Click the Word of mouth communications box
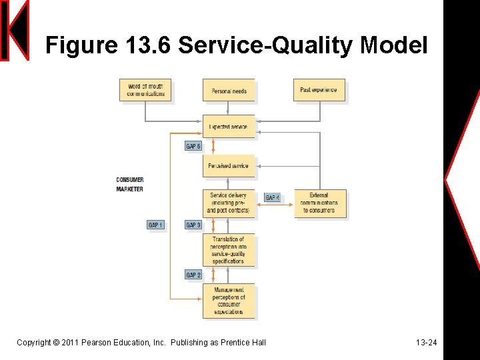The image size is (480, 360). click(x=145, y=90)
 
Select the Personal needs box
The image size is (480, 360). click(x=229, y=91)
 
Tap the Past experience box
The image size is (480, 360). click(x=319, y=90)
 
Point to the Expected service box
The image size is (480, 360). click(x=229, y=127)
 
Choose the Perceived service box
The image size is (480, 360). click(x=229, y=166)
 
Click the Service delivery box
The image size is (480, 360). click(x=229, y=203)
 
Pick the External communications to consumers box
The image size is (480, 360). click(x=319, y=203)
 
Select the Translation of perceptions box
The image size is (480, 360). click(x=229, y=250)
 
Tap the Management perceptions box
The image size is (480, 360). click(x=229, y=301)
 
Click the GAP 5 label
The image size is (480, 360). click(x=193, y=147)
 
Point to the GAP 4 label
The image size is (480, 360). click(x=272, y=198)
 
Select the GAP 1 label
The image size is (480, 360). click(x=155, y=225)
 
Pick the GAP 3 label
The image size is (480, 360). click(x=193, y=225)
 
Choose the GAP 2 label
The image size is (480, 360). click(x=193, y=275)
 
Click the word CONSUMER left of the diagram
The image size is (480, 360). click(x=130, y=180)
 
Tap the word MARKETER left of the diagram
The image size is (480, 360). click(x=130, y=189)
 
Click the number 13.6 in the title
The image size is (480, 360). click(x=149, y=45)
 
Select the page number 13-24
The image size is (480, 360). click(x=426, y=343)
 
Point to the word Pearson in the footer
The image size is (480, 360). click(x=97, y=343)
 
